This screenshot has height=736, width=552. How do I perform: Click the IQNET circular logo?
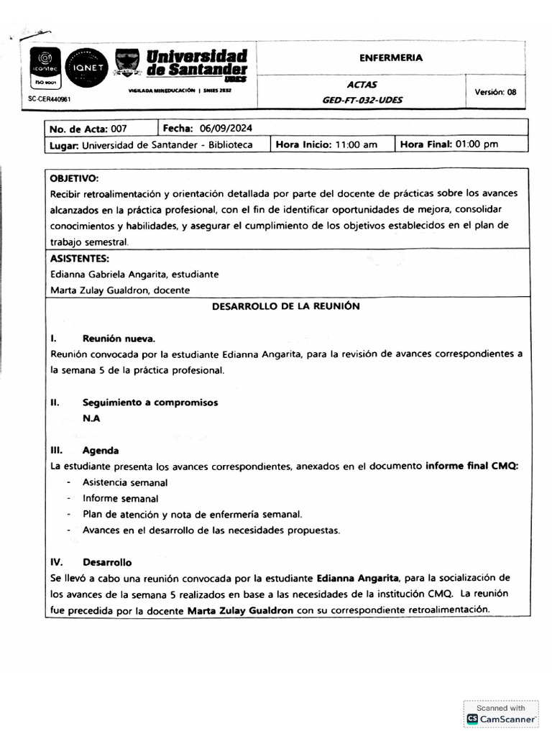86,68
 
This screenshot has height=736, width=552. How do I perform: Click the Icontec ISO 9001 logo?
45,68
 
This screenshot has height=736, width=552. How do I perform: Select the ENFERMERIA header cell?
391,57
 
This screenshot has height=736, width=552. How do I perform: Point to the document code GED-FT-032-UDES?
362,100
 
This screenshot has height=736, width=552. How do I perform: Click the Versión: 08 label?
495,91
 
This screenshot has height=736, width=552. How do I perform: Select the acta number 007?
119,129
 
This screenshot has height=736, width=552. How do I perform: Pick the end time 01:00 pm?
471,144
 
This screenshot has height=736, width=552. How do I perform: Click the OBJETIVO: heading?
75,178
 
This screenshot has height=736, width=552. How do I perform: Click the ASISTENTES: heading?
80,258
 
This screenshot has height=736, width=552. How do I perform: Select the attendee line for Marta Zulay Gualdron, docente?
120,290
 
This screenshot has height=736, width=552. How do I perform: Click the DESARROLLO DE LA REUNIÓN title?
285,305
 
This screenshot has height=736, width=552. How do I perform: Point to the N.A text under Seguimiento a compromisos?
91,418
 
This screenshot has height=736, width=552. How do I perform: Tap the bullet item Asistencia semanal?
125,482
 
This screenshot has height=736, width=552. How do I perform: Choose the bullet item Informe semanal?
120,498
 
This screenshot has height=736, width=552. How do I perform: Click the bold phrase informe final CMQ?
471,465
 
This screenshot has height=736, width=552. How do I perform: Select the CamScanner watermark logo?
472,719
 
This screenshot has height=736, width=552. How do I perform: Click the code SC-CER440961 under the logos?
49,98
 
